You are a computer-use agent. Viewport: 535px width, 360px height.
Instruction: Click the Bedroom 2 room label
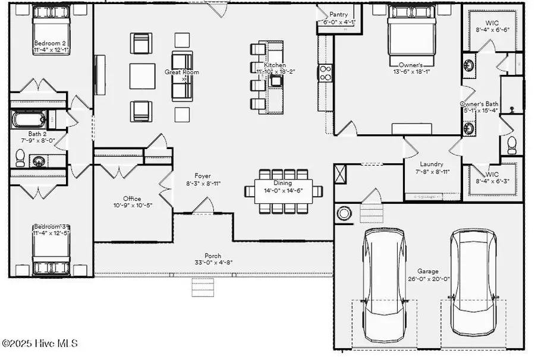51,43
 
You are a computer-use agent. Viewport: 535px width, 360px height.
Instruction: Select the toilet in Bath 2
20,157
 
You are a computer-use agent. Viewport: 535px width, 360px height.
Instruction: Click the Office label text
132,198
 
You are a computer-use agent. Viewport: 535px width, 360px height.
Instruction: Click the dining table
284,191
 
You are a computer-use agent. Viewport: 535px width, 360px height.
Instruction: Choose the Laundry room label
431,165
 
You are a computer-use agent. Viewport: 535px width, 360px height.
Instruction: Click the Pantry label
338,15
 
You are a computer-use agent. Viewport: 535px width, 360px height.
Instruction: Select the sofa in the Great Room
182,76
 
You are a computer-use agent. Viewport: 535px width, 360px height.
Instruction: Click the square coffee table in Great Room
143,76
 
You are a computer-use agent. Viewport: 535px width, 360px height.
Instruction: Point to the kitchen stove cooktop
326,72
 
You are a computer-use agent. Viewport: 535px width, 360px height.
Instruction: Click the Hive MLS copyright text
39,343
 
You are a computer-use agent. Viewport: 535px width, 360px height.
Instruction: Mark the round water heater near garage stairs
344,213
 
